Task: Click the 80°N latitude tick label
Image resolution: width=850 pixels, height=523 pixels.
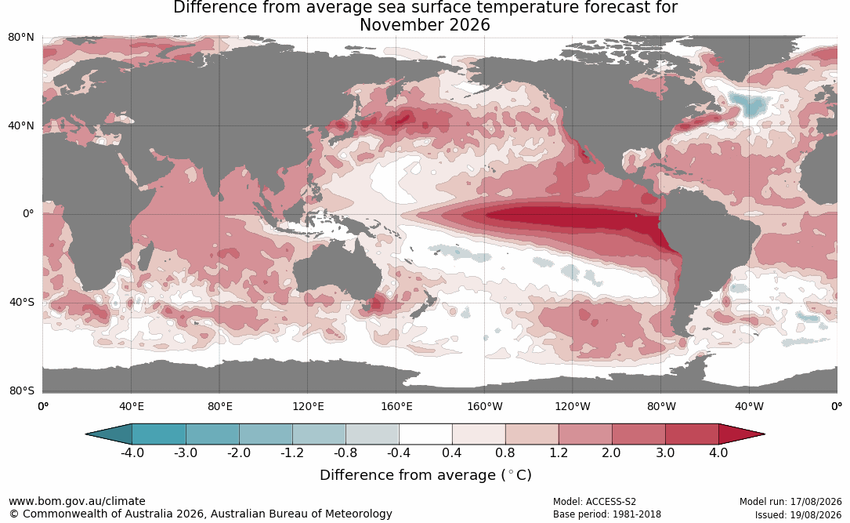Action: tap(21, 38)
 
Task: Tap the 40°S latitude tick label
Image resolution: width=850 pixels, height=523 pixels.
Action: tap(22, 302)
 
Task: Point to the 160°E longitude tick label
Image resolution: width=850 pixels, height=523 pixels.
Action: tap(397, 406)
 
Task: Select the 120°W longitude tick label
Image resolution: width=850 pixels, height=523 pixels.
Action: tap(573, 406)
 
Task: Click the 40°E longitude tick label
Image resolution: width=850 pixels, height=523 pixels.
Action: tap(131, 406)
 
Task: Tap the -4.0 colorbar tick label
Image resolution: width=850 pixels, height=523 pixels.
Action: tap(132, 452)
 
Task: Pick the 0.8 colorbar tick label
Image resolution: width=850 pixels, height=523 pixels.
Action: tap(505, 452)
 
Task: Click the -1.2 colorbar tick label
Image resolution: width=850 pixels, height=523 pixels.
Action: tap(292, 452)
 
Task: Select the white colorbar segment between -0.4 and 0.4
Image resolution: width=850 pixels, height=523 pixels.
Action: tap(425, 434)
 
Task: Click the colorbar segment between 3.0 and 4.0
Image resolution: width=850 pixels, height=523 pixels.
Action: tap(692, 434)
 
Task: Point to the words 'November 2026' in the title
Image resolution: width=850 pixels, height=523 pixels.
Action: tap(425, 25)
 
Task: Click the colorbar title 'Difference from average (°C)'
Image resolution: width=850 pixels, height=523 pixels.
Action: tap(425, 474)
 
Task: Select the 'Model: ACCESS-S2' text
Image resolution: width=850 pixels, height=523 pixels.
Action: tap(594, 501)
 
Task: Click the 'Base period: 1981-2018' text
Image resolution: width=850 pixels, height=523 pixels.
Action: tap(606, 514)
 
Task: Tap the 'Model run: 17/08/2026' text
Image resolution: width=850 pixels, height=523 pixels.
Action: tap(790, 501)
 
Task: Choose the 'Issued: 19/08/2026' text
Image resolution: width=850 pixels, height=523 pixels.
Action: tap(798, 514)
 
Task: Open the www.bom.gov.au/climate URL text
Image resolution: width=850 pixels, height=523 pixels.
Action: tap(77, 501)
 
